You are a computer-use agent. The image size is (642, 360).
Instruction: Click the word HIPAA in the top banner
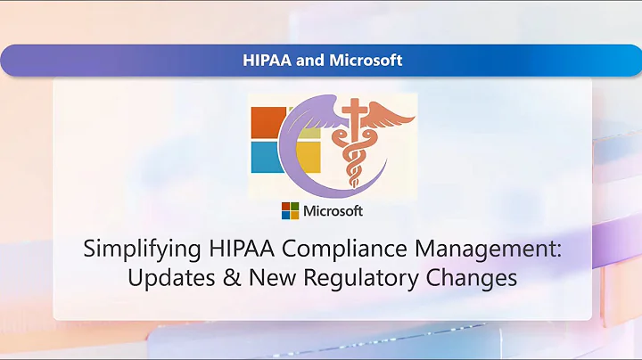266,61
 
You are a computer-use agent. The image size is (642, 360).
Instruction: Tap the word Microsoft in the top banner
364,61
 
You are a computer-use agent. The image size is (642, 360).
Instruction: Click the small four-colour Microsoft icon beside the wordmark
290,211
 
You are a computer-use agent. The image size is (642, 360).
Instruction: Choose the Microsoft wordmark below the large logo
333,211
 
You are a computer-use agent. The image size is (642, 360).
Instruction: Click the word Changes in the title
470,277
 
